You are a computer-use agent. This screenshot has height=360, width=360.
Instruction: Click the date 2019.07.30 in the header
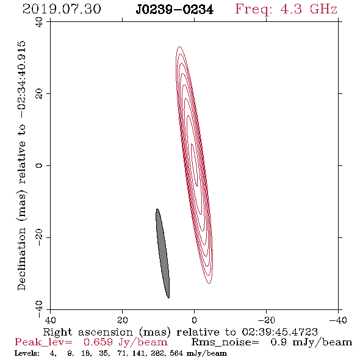pyautogui.click(x=62, y=9)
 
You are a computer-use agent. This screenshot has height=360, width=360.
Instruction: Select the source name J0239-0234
pyautogui.click(x=175, y=10)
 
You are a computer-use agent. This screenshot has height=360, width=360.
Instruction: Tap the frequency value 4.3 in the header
pyautogui.click(x=291, y=9)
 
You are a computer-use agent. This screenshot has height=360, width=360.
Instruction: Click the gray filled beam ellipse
pyautogui.click(x=162, y=253)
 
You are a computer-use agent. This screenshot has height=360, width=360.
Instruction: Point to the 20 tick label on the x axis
pyautogui.click(x=123, y=320)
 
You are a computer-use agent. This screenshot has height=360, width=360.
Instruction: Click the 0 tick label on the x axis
pyautogui.click(x=194, y=320)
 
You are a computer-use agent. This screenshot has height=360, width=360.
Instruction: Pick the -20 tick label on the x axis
pyautogui.click(x=266, y=320)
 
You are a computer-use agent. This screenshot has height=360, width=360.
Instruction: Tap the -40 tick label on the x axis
pyautogui.click(x=338, y=320)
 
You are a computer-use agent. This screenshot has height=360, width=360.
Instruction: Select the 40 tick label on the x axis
pyautogui.click(x=50, y=320)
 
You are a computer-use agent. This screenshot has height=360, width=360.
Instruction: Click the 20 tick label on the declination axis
pyautogui.click(x=39, y=94)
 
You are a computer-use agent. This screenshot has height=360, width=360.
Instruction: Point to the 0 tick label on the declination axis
pyautogui.click(x=39, y=165)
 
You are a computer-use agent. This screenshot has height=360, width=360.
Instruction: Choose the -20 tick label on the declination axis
pyautogui.click(x=39, y=237)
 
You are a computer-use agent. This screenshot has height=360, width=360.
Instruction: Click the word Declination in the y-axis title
pyautogui.click(x=21, y=259)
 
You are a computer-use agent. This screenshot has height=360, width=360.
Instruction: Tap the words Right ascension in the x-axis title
pyautogui.click(x=88, y=332)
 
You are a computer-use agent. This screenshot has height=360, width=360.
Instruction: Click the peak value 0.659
pyautogui.click(x=98, y=342)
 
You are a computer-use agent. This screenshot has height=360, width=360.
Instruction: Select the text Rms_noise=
pyautogui.click(x=225, y=342)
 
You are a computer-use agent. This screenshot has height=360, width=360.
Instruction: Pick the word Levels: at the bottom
pyautogui.click(x=27, y=353)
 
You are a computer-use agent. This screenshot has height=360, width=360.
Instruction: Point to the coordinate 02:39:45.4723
pyautogui.click(x=279, y=332)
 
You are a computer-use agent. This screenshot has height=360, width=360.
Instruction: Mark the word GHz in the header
pyautogui.click(x=323, y=9)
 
